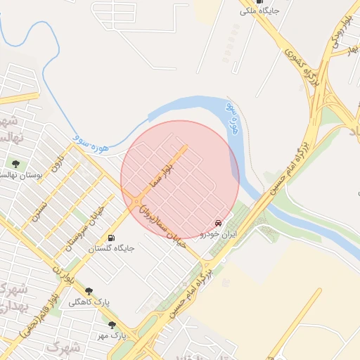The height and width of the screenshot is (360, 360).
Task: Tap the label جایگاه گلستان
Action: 111,248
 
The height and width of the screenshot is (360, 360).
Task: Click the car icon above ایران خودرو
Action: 219,223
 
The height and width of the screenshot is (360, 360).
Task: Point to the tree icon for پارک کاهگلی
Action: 89,291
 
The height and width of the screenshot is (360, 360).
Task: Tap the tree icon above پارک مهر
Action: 112,325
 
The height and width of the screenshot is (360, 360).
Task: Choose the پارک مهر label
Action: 112,335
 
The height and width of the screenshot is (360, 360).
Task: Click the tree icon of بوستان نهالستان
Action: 15,165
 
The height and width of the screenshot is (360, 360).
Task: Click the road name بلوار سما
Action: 162,172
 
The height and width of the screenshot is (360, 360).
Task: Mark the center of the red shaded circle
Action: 180,179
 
